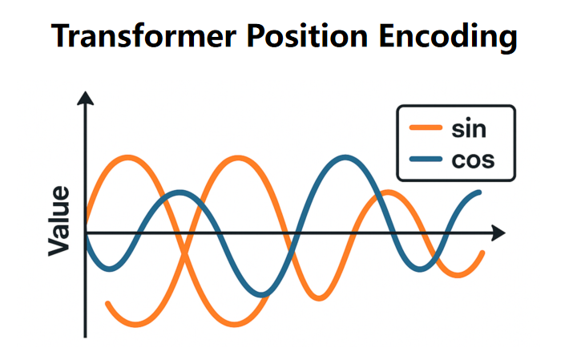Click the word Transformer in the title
143,36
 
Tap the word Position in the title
308,35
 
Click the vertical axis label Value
59,221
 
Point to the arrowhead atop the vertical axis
85,99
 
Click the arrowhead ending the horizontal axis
498,233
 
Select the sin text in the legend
469,128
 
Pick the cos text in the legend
473,160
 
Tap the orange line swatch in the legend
426,128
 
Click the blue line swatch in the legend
426,160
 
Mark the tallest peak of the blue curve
345,158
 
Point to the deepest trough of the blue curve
261,295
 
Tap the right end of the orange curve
482,253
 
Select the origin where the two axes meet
85,233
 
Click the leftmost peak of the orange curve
128,158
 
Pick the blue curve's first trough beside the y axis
109,269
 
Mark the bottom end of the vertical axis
85,337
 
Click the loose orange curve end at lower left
108,304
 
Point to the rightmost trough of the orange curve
458,275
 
